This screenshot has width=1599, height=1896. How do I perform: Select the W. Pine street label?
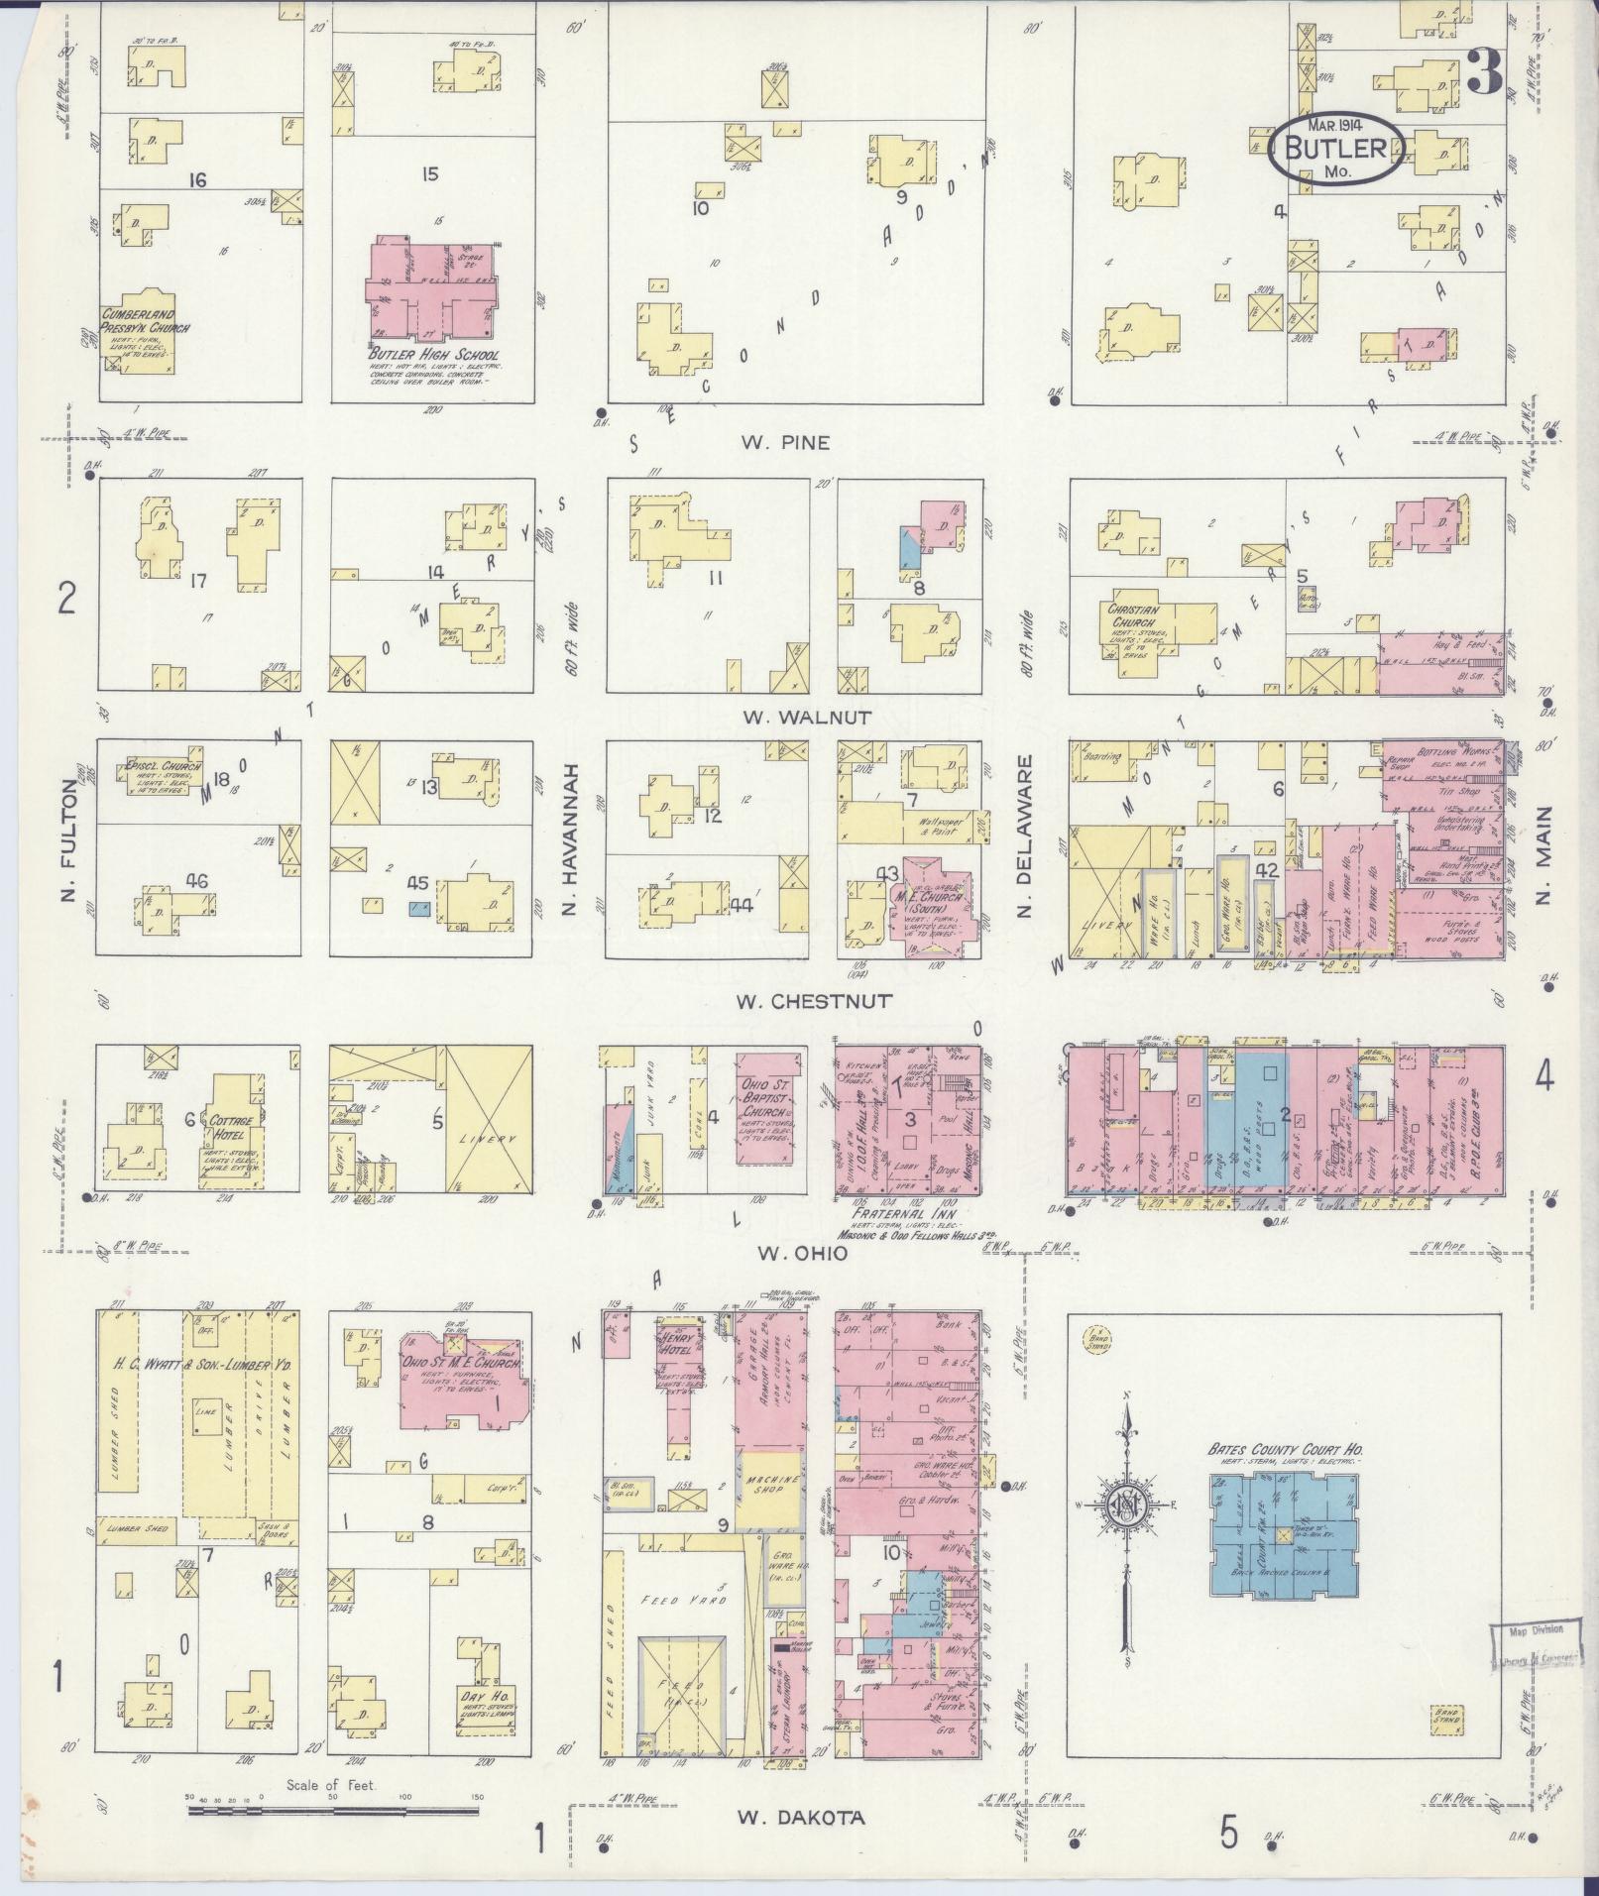coord(785,443)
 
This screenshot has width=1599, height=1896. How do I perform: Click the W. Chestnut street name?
coord(813,1001)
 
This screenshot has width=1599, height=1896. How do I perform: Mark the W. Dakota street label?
coord(801,1817)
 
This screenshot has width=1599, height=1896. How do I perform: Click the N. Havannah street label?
coord(570,836)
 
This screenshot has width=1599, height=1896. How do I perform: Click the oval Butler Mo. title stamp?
coord(1336,148)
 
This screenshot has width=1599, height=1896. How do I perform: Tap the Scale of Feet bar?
coord(332,1809)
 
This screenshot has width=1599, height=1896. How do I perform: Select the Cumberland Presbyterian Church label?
coord(146,321)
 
